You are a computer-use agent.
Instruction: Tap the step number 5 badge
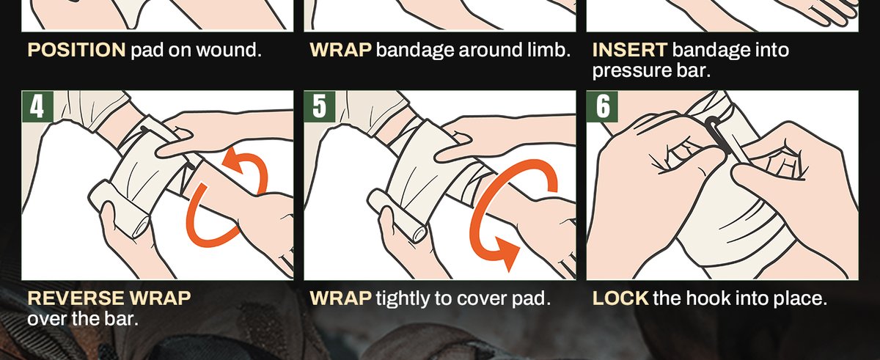coord(319,106)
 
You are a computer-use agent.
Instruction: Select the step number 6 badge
coord(601,106)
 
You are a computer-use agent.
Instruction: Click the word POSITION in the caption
coord(76,51)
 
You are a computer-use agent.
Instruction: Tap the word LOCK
coord(620,299)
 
